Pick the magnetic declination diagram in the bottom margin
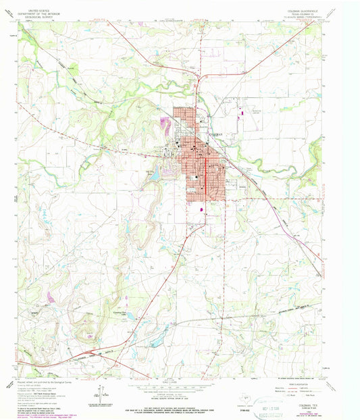[99, 392]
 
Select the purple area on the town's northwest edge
[163, 124]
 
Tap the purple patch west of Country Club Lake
[52, 297]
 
